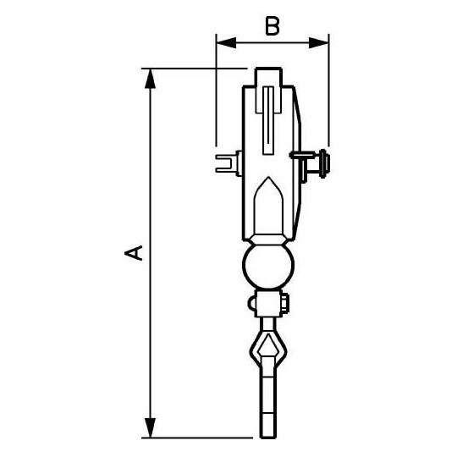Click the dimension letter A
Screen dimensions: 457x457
pyautogui.click(x=133, y=252)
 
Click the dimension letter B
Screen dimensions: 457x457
pyautogui.click(x=271, y=25)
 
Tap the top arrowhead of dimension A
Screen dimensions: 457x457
pyautogui.click(x=151, y=76)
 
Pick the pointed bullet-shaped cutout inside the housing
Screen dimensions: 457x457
pyautogui.click(x=268, y=207)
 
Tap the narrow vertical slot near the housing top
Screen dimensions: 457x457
pyautogui.click(x=267, y=118)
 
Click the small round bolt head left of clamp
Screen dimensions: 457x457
pyautogui.click(x=253, y=302)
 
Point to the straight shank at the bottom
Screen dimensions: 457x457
pyautogui.click(x=267, y=406)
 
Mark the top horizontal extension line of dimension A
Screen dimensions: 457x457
pyautogui.click(x=195, y=68)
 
